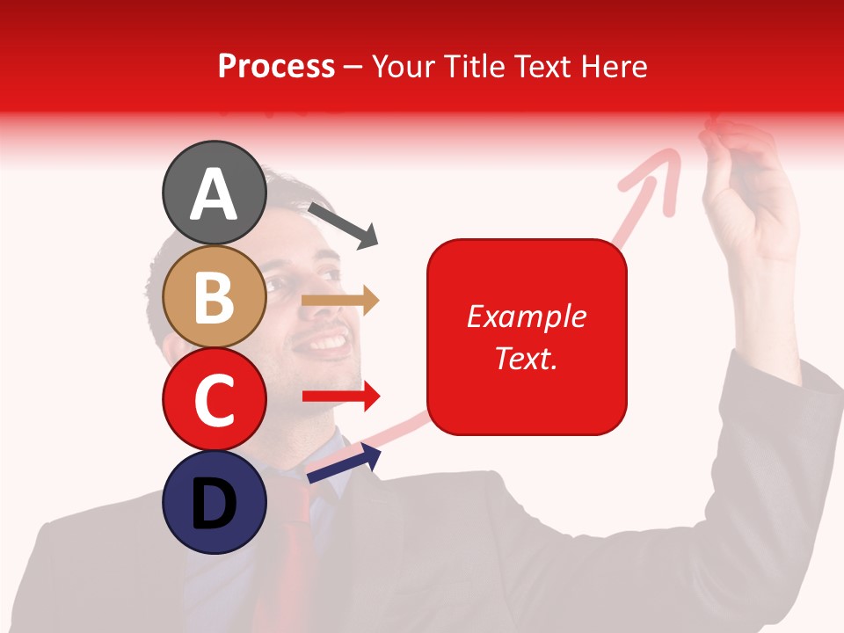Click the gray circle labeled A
click(214, 193)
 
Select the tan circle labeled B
click(214, 296)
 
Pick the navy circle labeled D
click(214, 502)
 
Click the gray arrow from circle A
click(343, 223)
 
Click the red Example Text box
click(527, 337)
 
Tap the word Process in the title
click(276, 66)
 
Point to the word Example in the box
click(527, 316)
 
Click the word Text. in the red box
click(527, 358)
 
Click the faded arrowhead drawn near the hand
click(659, 171)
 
